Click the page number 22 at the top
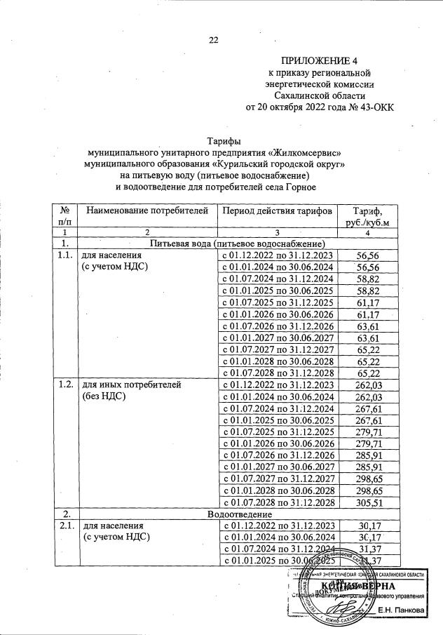(x=214, y=39)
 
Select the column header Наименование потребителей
(x=146, y=210)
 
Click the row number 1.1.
(x=64, y=255)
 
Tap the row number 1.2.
(x=64, y=385)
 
